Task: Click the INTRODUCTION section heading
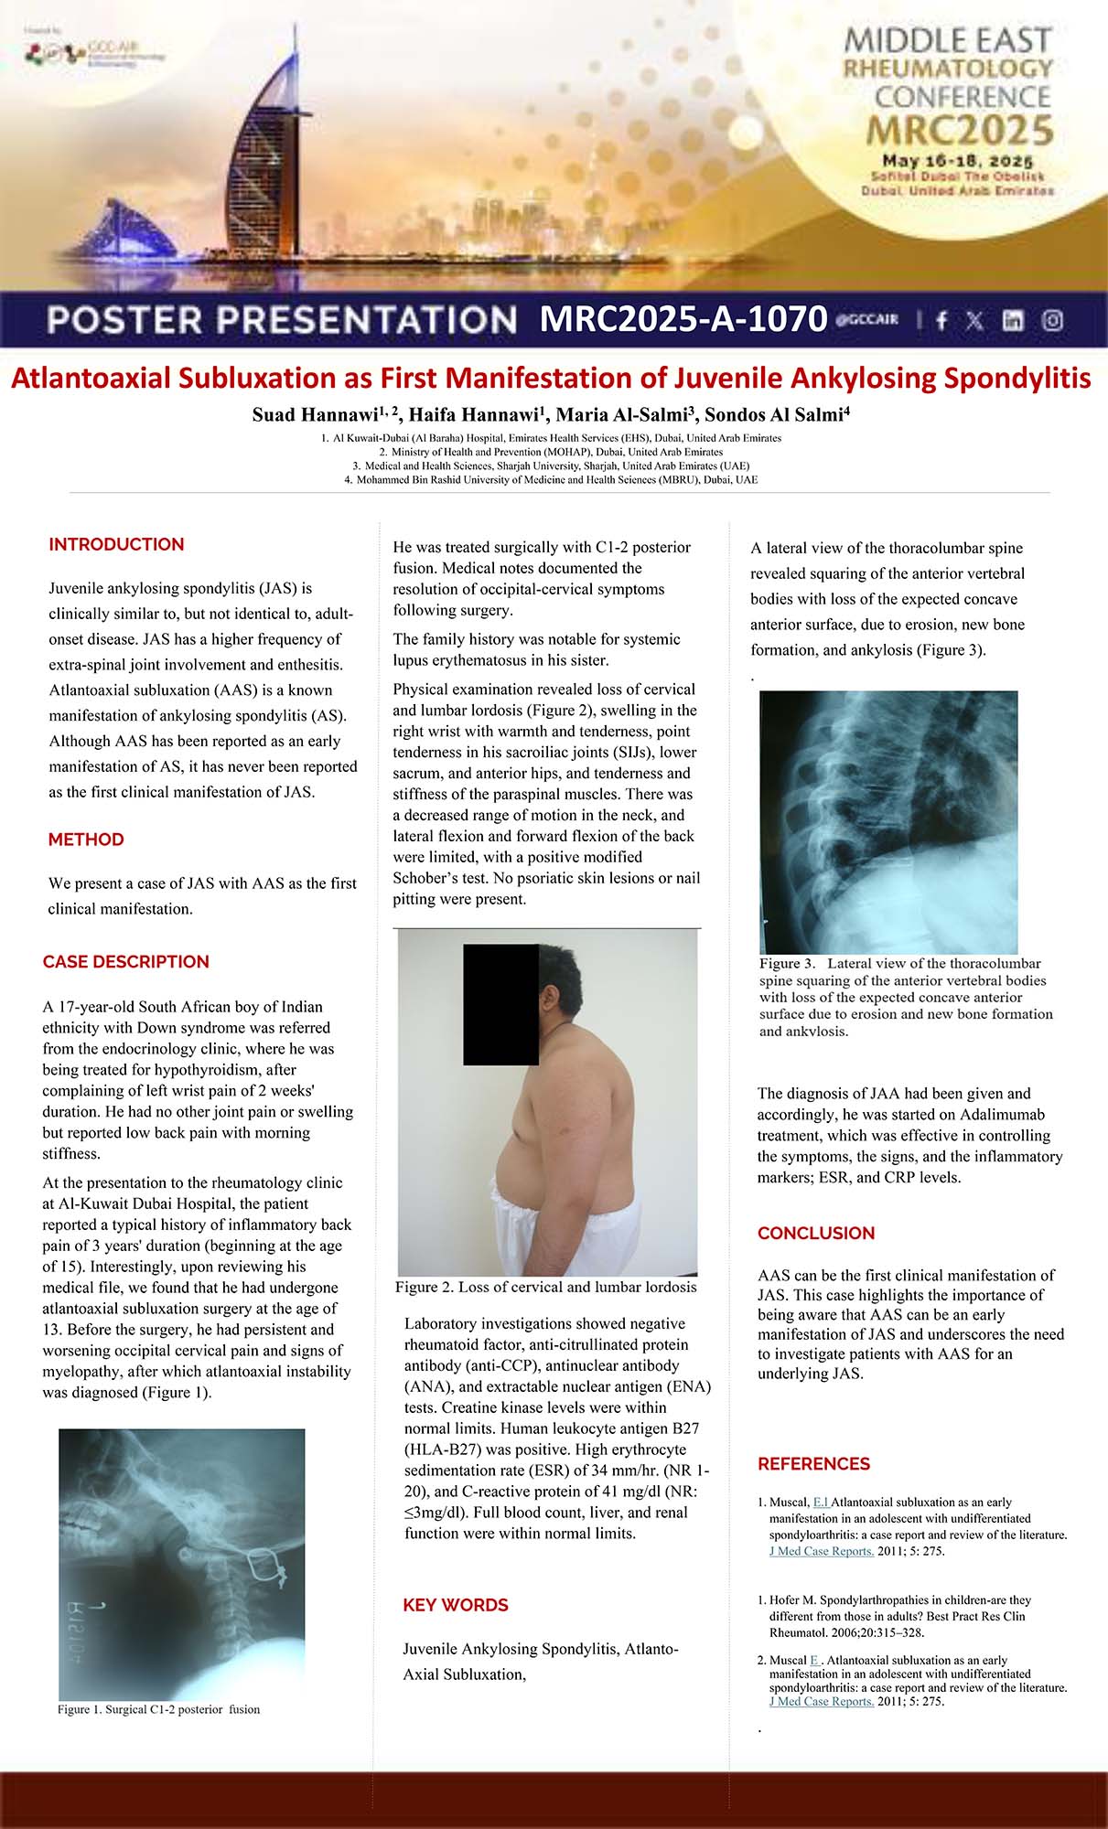(116, 545)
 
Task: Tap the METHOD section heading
(86, 840)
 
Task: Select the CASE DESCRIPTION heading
(125, 962)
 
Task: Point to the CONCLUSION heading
(815, 1234)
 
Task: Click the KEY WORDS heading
(455, 1606)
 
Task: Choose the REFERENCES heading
(813, 1464)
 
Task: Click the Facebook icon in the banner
(941, 320)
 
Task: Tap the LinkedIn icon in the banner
(1013, 320)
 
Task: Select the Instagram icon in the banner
(1053, 320)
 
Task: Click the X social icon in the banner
(975, 320)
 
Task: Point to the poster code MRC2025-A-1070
(683, 319)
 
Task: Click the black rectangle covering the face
(500, 1004)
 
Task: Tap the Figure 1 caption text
(158, 1709)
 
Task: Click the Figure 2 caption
(545, 1288)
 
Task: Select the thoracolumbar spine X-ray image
(888, 821)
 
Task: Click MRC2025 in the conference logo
(960, 131)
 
